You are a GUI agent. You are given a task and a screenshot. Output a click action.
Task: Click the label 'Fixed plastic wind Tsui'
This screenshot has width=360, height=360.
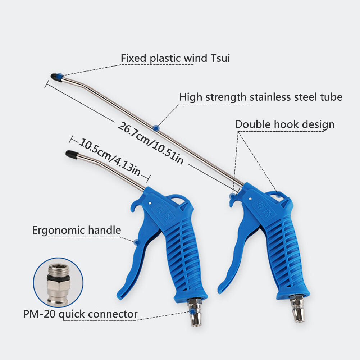point(175,58)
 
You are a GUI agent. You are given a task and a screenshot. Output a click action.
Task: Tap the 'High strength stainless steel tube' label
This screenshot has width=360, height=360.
point(261,97)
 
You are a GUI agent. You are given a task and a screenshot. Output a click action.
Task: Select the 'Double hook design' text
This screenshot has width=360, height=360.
point(284,124)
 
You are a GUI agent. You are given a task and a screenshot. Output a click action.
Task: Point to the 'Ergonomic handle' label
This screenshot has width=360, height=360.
point(77,230)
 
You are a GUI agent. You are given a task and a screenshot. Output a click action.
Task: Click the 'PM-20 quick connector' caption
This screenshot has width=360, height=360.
point(80,314)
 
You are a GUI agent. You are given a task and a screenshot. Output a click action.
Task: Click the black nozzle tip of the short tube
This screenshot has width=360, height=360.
point(70,154)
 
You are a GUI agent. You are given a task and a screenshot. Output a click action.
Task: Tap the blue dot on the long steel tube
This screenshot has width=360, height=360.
point(155,127)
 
